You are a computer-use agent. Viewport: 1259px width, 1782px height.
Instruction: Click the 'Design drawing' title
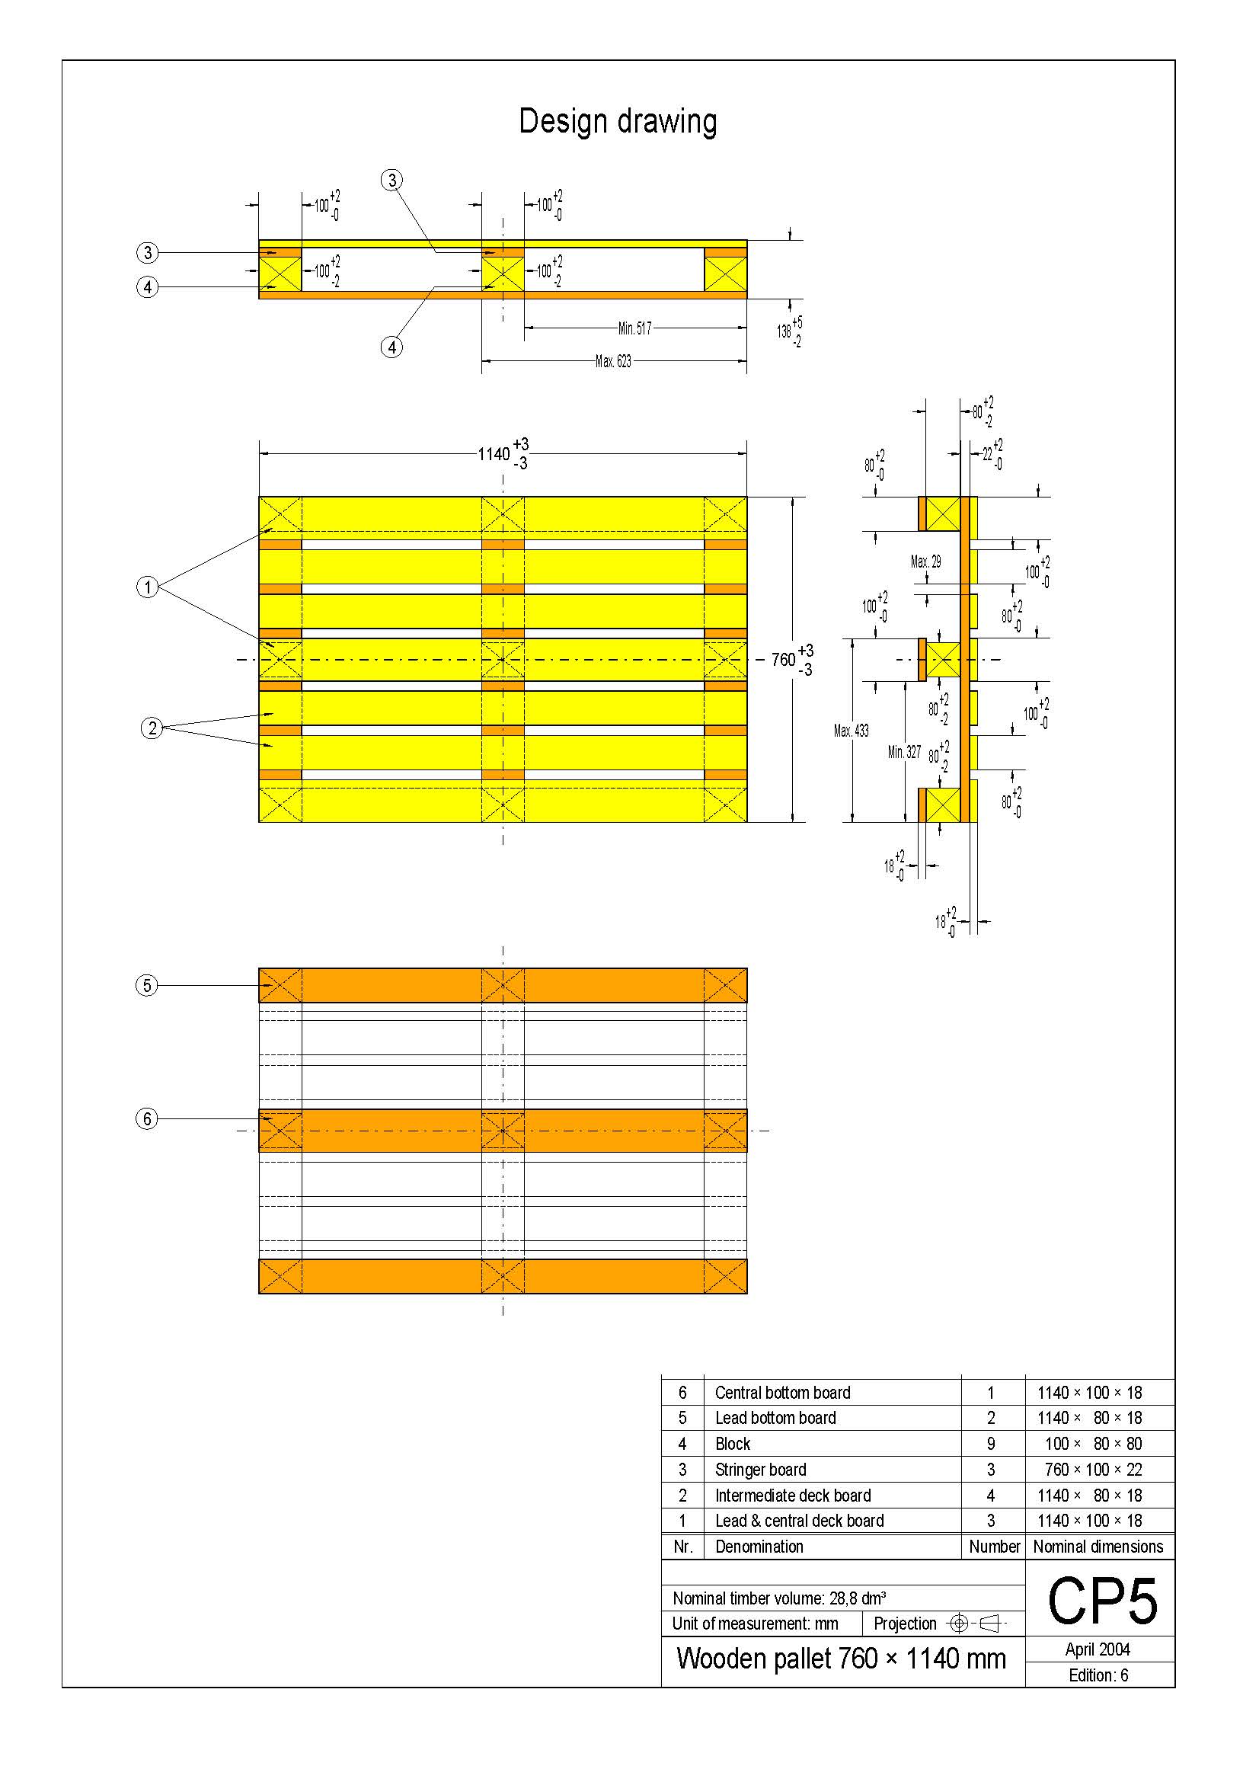tap(618, 122)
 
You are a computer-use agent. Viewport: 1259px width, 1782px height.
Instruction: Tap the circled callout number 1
tap(148, 587)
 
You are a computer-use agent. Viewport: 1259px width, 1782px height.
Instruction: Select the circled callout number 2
tap(152, 728)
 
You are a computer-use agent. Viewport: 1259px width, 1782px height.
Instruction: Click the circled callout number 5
tap(146, 986)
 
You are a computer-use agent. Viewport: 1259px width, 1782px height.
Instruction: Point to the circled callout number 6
tap(146, 1118)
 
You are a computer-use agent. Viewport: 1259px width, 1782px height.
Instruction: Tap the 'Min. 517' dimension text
tap(634, 328)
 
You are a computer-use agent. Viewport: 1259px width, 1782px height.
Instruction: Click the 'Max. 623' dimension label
tap(613, 361)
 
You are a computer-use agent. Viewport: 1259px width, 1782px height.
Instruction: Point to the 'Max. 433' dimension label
tap(851, 731)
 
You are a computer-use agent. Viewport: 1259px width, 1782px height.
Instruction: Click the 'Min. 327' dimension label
tap(904, 752)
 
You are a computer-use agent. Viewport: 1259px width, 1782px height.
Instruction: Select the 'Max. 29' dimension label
tap(925, 561)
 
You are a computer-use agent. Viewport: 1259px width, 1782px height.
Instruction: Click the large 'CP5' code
tap(1101, 1602)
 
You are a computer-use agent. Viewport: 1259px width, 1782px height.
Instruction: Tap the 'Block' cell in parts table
tap(732, 1444)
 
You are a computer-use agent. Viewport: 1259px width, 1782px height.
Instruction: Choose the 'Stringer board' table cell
tap(760, 1469)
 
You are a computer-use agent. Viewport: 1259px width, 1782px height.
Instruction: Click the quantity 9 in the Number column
tap(991, 1444)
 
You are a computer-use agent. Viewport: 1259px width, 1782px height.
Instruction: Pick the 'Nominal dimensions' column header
tap(1098, 1546)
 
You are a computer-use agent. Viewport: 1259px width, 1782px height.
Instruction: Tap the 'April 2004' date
tap(1098, 1649)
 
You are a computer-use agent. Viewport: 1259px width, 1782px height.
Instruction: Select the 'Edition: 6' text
tap(1098, 1675)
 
